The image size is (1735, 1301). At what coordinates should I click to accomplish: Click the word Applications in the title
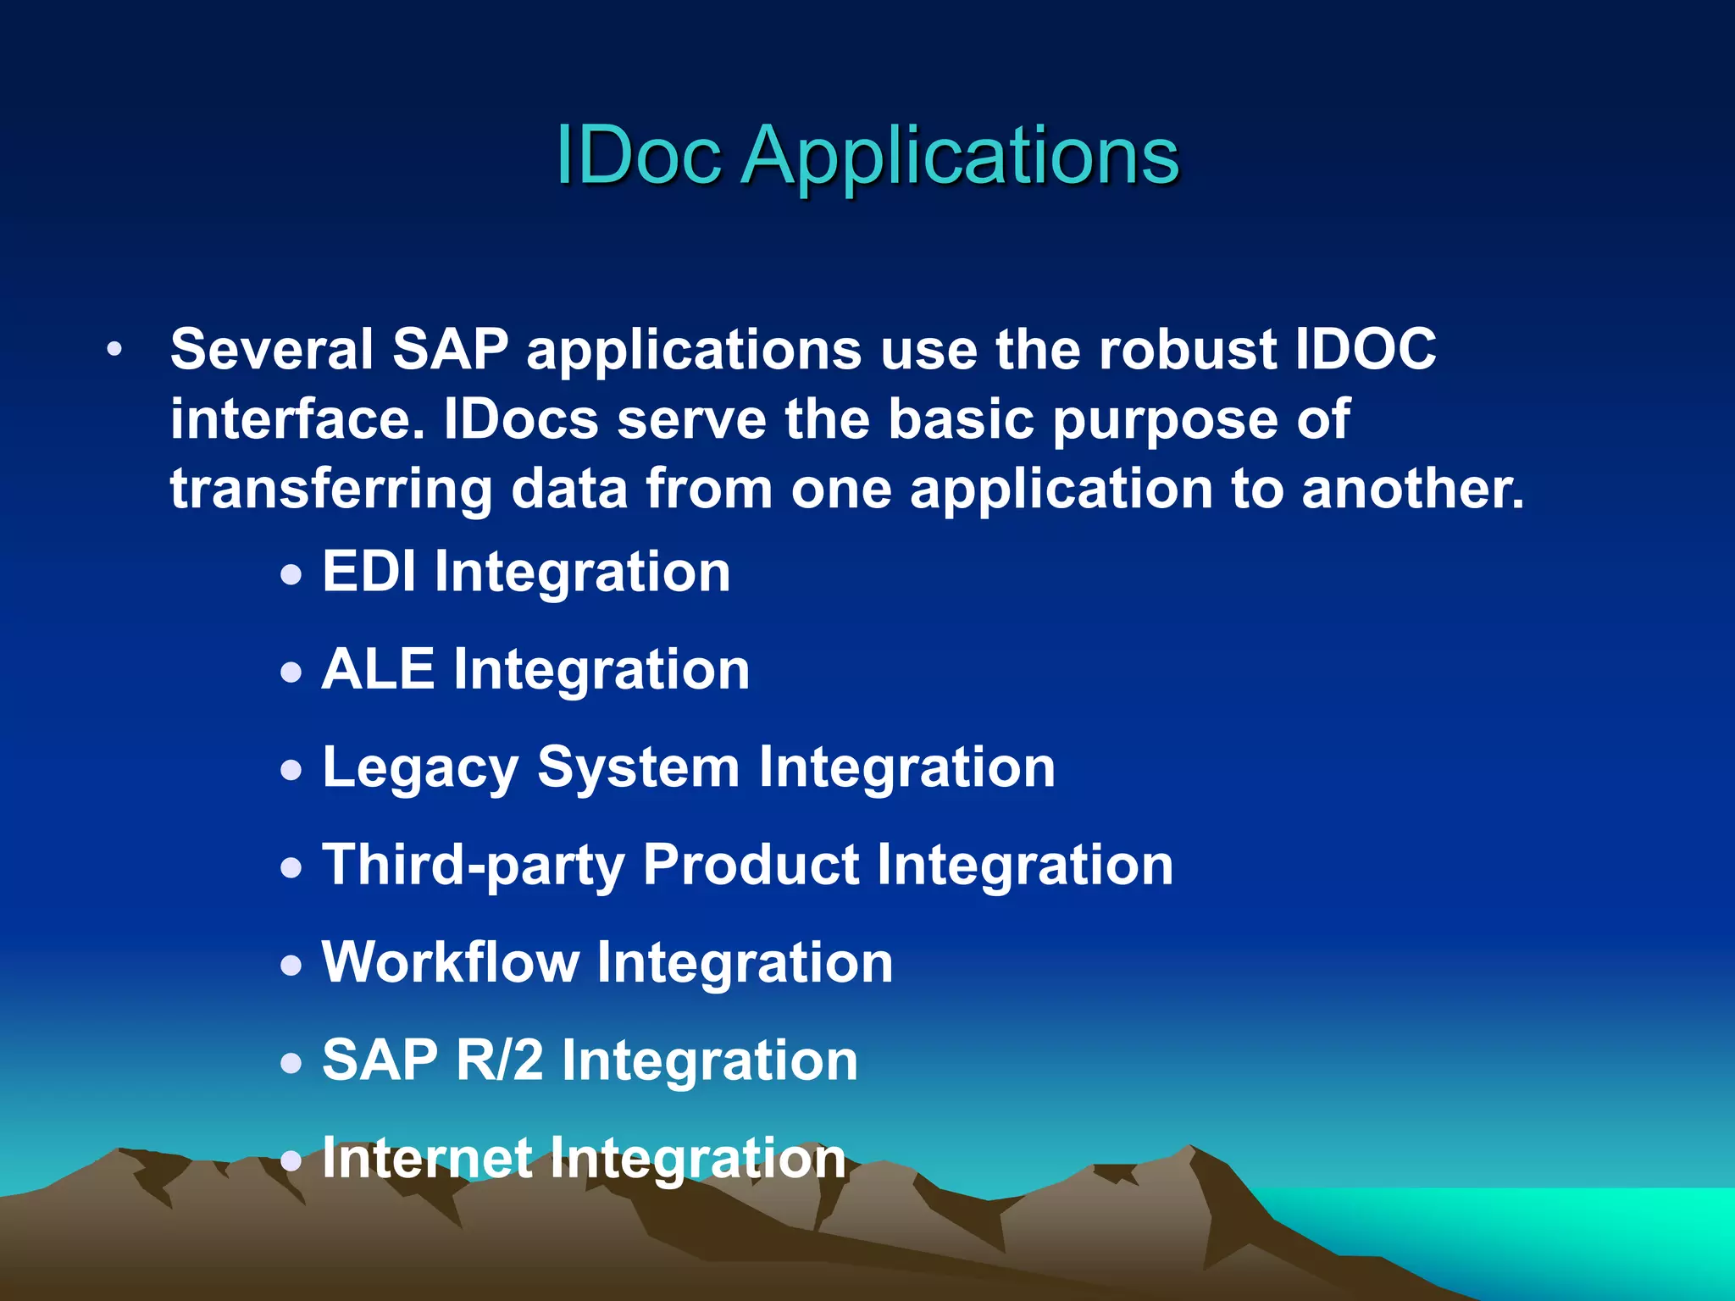960,157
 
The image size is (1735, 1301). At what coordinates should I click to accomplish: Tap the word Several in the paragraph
271,349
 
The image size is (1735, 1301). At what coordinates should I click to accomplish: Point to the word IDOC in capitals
1366,349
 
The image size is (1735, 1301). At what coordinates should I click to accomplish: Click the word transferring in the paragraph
331,490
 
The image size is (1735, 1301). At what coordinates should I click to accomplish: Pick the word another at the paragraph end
1412,490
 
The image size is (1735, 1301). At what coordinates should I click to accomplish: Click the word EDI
369,572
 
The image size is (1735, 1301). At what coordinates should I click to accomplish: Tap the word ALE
378,669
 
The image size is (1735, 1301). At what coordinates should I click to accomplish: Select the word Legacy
420,769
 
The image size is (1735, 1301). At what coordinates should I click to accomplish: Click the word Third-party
473,866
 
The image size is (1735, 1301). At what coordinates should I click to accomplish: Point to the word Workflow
450,963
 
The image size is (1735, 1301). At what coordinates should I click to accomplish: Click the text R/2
499,1060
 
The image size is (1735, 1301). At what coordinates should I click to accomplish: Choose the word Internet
427,1158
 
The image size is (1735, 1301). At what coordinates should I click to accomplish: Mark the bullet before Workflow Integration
291,966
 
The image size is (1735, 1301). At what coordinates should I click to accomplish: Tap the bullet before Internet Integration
291,1161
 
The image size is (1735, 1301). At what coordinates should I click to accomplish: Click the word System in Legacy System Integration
639,769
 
